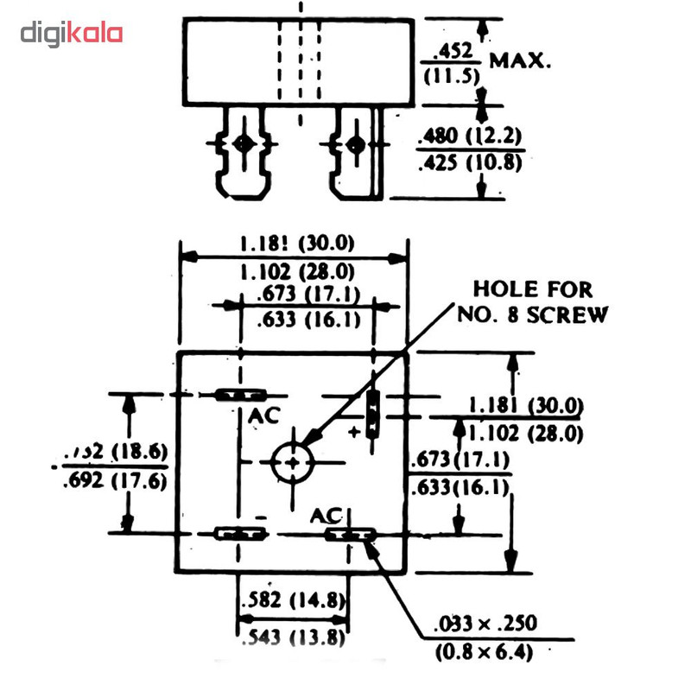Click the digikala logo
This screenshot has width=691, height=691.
72,35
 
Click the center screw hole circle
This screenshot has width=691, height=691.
295,463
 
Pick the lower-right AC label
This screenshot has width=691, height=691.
327,516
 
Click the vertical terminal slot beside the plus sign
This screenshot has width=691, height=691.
372,411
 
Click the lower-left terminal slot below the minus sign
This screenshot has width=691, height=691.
239,534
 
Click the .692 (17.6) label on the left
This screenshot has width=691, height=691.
114,482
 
